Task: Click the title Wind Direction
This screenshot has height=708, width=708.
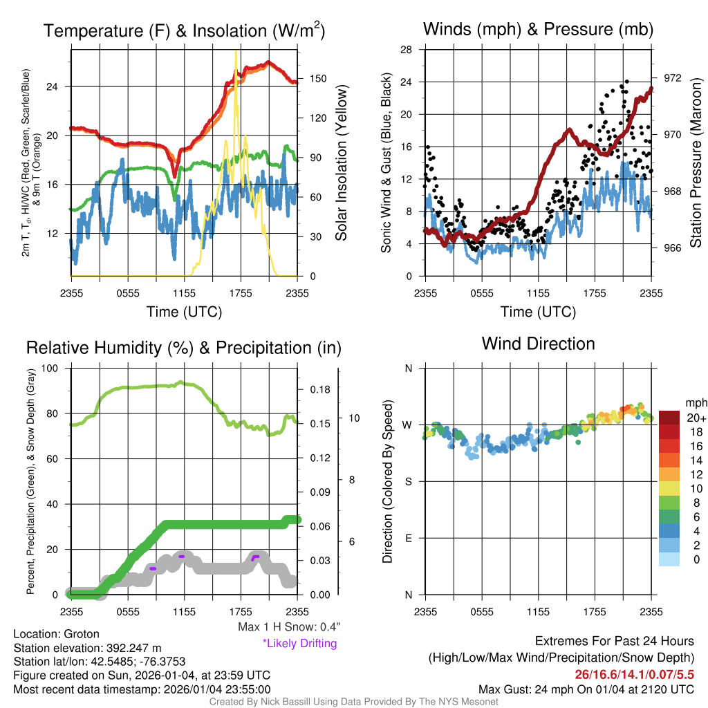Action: (538, 344)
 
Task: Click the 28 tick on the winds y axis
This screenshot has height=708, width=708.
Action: (407, 50)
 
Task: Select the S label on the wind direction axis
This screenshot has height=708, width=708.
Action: (408, 482)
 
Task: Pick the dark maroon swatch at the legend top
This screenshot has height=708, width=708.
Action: (670, 418)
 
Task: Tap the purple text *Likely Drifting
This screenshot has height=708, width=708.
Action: (299, 644)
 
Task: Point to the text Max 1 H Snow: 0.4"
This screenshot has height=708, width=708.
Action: (289, 627)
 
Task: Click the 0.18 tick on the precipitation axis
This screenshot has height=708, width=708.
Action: (319, 389)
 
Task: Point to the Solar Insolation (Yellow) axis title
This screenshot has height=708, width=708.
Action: (342, 163)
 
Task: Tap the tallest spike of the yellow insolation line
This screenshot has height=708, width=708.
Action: (236, 51)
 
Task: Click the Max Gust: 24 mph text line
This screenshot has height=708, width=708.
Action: (586, 689)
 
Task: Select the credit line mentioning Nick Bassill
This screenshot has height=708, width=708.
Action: (353, 702)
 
